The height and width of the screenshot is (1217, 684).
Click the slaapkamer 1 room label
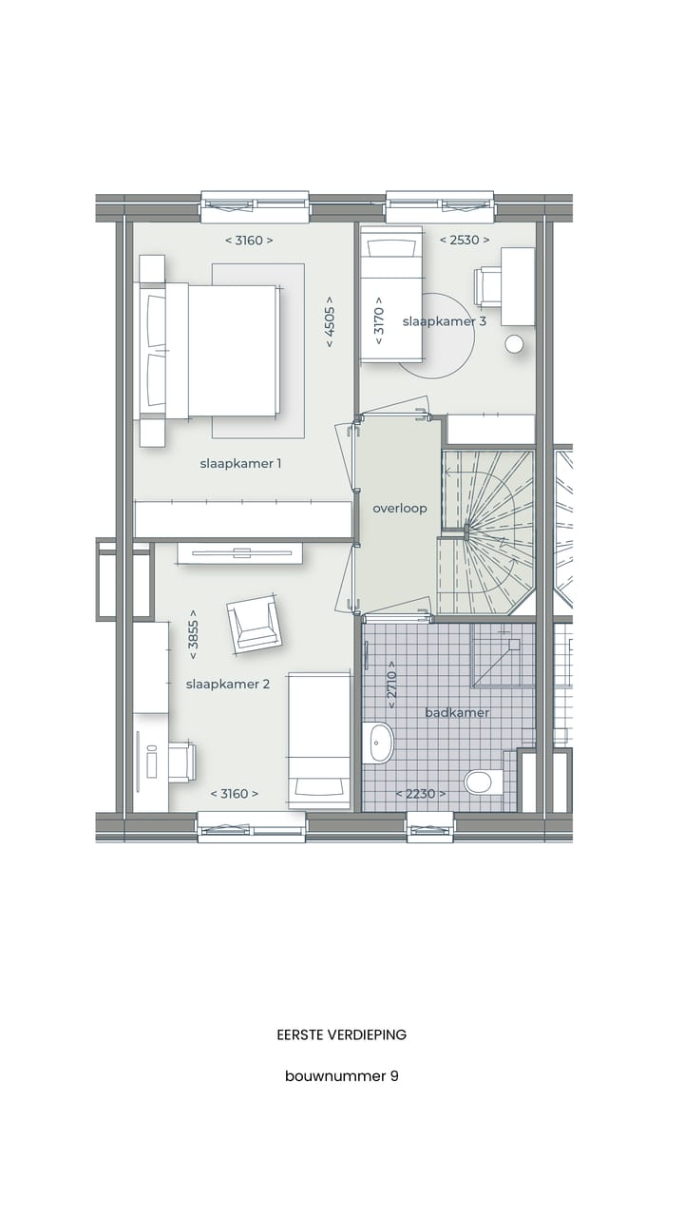click(x=240, y=464)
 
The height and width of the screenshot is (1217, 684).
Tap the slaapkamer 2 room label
click(x=228, y=684)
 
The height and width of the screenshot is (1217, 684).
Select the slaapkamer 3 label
click(x=445, y=321)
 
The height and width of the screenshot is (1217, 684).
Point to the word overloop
click(x=400, y=509)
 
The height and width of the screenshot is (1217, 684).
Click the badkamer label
click(x=457, y=712)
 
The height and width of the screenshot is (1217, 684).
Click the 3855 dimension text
click(x=193, y=634)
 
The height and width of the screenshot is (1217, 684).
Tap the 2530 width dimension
click(x=465, y=241)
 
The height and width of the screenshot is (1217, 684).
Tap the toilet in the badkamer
click(x=482, y=782)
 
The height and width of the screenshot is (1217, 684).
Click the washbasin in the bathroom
click(x=380, y=743)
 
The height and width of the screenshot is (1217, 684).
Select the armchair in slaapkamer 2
click(x=254, y=625)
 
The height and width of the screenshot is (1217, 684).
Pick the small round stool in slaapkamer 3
click(x=515, y=344)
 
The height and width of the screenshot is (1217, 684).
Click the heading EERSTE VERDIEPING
click(x=342, y=1034)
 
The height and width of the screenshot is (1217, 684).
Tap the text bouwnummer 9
click(x=342, y=1076)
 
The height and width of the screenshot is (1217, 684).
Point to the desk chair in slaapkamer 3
click(x=488, y=286)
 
